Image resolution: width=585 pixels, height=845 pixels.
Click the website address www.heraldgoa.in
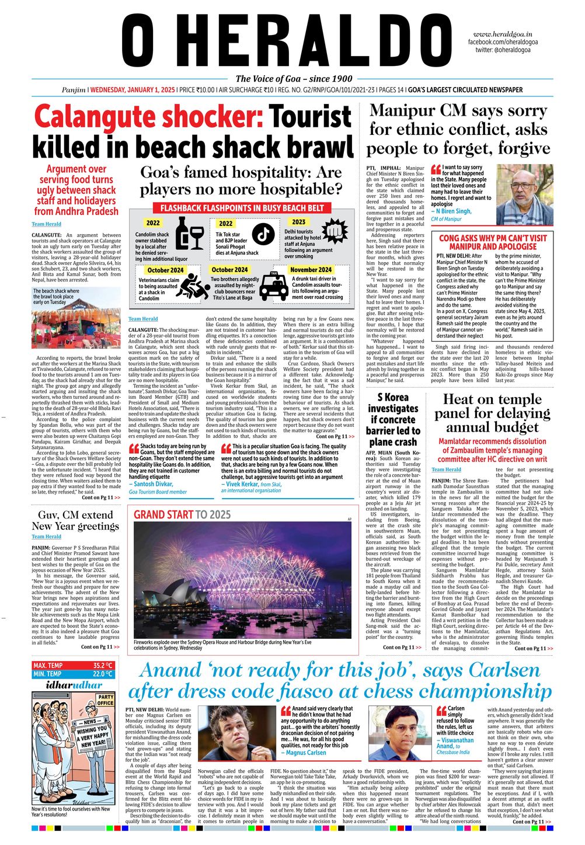(x=506, y=34)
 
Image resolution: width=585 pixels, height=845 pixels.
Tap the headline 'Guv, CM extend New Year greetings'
(x=75, y=520)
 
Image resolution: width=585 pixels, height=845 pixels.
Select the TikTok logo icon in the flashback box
(x=263, y=232)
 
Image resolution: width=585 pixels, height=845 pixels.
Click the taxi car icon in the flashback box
(x=273, y=286)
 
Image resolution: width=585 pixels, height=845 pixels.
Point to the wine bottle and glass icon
(x=188, y=234)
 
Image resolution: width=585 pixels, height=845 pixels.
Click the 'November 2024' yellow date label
(x=311, y=270)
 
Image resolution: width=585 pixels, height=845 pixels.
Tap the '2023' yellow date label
(x=298, y=222)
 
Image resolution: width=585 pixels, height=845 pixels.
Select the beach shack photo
(x=76, y=327)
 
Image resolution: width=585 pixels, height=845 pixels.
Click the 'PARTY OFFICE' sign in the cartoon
(x=106, y=700)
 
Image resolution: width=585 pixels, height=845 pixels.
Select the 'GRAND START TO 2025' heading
(x=182, y=514)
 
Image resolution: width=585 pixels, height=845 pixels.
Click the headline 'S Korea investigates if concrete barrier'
(x=393, y=419)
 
